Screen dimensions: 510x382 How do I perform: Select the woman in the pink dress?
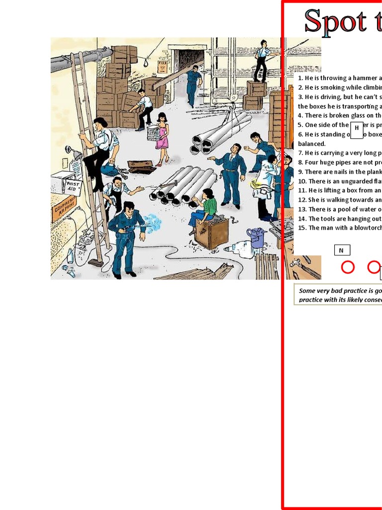(162, 137)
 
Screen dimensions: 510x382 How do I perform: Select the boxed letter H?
(357, 128)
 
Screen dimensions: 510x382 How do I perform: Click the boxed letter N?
(342, 251)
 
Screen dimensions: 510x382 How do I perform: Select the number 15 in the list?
(302, 228)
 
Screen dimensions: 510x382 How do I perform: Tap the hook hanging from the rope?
(146, 62)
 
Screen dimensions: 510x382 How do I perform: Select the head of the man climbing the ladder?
(100, 123)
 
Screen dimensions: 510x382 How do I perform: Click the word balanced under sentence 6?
(311, 144)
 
